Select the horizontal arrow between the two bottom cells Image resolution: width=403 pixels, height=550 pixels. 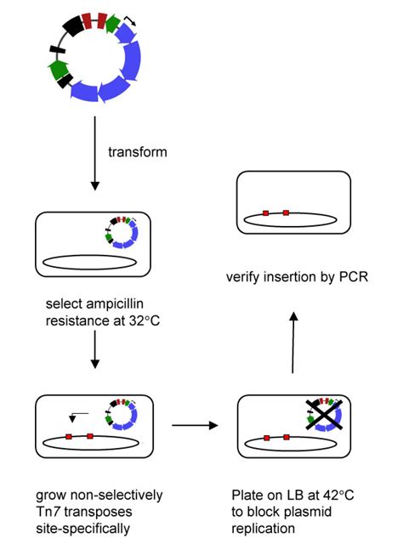[193, 422]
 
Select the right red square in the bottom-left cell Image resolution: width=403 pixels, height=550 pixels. [89, 437]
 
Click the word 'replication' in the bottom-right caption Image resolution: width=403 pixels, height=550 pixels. [264, 528]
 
